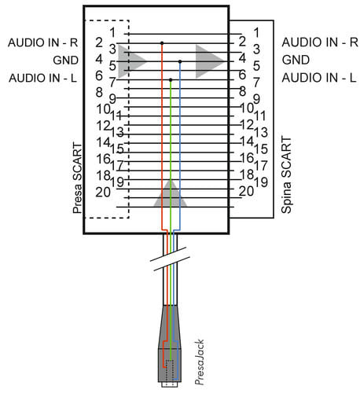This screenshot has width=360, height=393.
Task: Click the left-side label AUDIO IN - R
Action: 43,42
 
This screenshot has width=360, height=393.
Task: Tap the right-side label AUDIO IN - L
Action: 319,78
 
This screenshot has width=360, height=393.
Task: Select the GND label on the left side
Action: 65,61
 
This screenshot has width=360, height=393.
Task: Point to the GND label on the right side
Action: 296,60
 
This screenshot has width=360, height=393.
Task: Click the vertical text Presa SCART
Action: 77,178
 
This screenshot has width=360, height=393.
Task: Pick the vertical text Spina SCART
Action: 286,174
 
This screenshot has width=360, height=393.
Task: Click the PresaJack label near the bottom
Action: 200,362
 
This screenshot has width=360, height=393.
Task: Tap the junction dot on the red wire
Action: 162,43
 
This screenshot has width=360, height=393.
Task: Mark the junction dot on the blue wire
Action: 180,61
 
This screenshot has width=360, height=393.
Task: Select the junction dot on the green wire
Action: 171,79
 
